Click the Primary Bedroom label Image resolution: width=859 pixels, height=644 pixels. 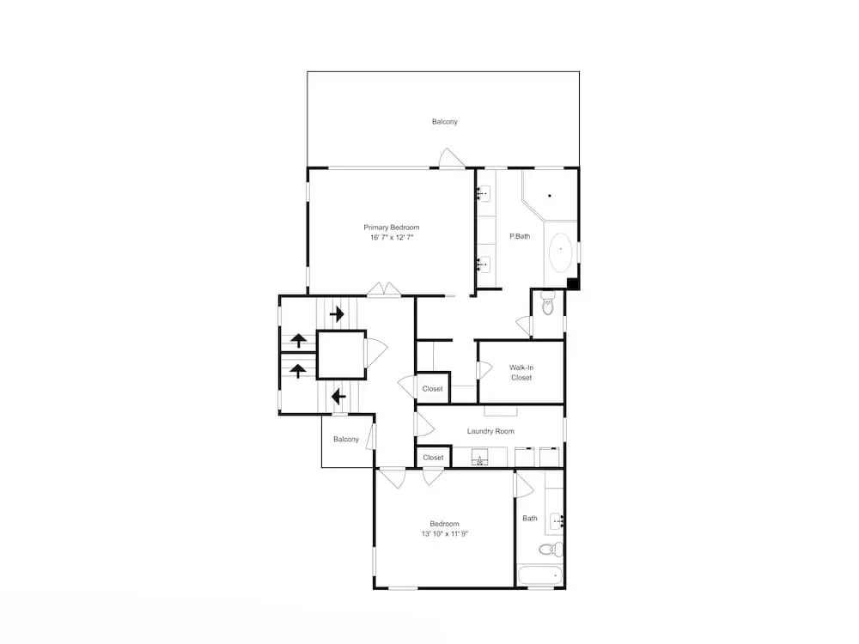391,228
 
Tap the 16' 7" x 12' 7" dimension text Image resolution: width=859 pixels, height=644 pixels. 391,238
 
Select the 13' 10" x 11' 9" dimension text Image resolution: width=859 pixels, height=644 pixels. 444,534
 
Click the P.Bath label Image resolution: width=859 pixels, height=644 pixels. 520,237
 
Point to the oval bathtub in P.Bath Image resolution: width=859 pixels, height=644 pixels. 560,252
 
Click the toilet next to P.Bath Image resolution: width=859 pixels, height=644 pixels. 548,303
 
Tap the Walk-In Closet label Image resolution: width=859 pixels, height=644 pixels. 521,373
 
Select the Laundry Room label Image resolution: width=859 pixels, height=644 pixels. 490,431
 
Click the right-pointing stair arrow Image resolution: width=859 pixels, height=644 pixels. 337,314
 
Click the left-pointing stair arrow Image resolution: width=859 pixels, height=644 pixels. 338,396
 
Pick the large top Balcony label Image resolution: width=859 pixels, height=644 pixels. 444,122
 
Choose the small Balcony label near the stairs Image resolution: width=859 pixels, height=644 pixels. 345,439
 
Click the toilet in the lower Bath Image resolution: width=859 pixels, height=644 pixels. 551,549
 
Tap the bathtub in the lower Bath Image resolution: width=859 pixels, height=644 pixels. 540,576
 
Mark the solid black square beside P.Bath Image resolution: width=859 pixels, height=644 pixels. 572,283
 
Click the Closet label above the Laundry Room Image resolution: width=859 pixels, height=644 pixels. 432,389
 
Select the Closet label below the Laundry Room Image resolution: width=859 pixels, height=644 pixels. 433,458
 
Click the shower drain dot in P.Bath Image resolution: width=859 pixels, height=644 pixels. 550,196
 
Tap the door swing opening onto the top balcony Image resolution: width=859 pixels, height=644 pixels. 452,158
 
